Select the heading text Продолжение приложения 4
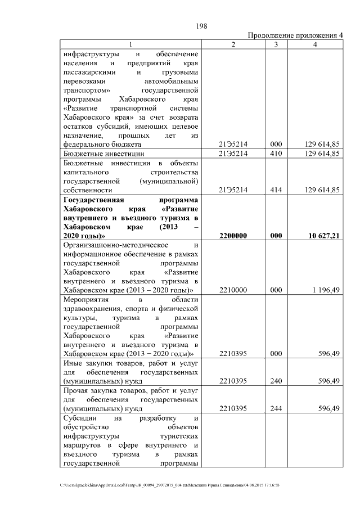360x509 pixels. point(295,36)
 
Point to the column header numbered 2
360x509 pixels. point(233,44)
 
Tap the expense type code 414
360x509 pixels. point(276,191)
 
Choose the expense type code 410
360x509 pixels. point(276,154)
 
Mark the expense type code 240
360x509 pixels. point(276,381)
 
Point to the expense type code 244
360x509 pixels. point(276,409)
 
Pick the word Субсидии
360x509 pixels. point(80,418)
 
